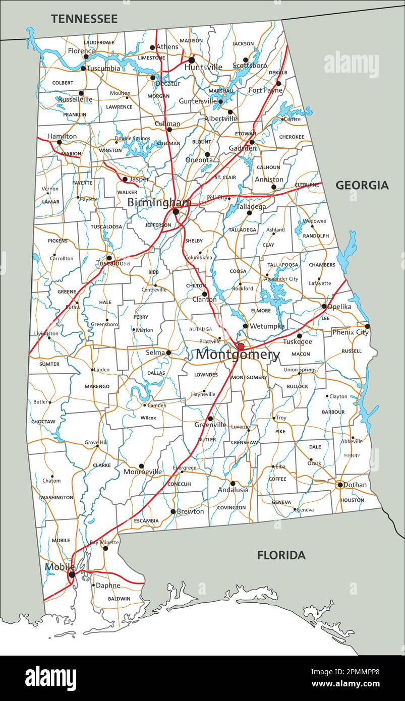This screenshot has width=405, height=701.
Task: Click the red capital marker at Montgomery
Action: (x=241, y=346)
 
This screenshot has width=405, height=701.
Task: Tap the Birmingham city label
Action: (x=159, y=202)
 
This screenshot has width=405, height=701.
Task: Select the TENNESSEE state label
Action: (x=84, y=19)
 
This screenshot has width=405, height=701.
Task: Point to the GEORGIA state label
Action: (x=362, y=185)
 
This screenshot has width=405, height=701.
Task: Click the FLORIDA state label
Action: (x=281, y=555)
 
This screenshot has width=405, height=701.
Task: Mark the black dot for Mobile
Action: (x=72, y=574)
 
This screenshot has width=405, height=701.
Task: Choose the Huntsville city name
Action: (x=203, y=67)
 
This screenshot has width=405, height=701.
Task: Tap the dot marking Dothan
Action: (x=340, y=485)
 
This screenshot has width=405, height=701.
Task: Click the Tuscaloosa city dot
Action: (x=109, y=258)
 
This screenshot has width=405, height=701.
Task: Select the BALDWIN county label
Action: (x=119, y=599)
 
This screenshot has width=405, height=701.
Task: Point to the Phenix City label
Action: (x=350, y=332)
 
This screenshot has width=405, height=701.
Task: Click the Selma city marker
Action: (x=168, y=353)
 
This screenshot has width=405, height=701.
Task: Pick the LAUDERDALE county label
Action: (x=99, y=42)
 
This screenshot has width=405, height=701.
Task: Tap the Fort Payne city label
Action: (x=265, y=90)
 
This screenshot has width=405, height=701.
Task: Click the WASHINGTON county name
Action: (x=56, y=497)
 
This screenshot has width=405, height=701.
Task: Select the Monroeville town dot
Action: (x=141, y=466)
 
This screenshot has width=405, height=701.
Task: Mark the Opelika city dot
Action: (x=324, y=306)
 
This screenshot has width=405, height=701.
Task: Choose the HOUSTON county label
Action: (x=352, y=500)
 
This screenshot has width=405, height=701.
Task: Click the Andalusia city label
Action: (x=233, y=490)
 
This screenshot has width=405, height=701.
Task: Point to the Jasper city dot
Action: (x=125, y=179)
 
